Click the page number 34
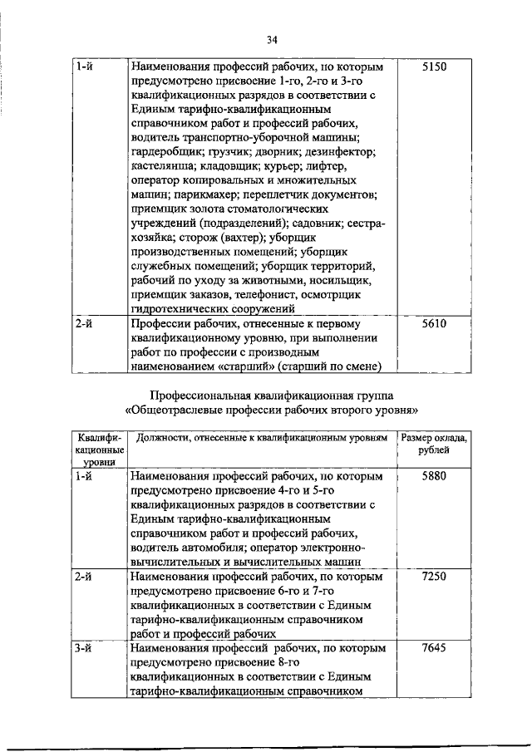click(x=272, y=39)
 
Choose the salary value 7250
click(x=435, y=576)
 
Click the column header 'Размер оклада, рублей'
click(x=434, y=444)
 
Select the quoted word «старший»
click(x=249, y=366)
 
